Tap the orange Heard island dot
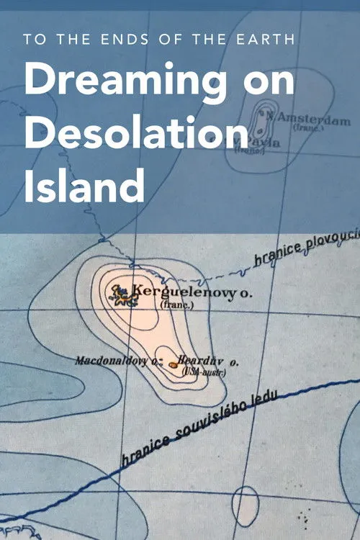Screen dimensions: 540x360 click(174, 365)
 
